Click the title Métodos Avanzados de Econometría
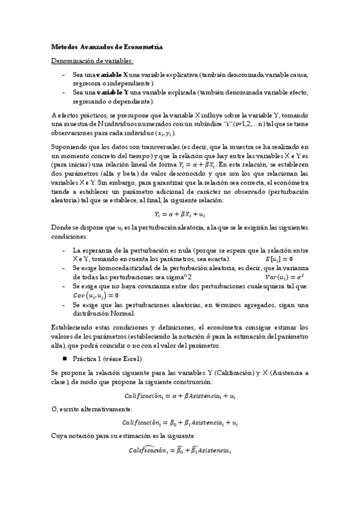tap(106, 46)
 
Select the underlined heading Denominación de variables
tap(93, 61)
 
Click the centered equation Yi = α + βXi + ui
tap(180, 214)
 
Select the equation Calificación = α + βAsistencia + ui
tap(180, 396)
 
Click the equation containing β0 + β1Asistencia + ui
tap(180, 423)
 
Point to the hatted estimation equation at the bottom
tap(180, 450)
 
